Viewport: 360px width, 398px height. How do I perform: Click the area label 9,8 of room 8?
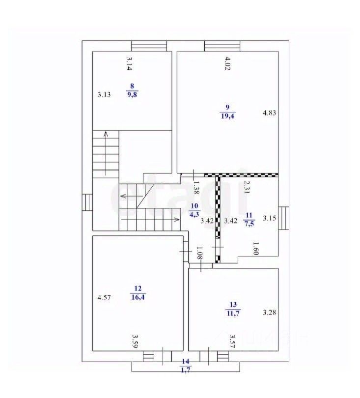pos(132,95)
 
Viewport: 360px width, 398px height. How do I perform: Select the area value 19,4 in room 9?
pos(228,116)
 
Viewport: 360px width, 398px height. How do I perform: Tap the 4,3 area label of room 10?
pos(194,215)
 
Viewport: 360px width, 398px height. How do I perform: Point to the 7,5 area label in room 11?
pos(249,224)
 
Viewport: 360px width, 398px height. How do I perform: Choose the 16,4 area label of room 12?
pos(138,297)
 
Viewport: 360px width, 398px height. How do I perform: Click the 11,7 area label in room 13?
pos(233,313)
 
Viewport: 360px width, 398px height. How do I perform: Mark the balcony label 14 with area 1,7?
pos(186,366)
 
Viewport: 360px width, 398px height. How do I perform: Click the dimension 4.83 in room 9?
pos(269,113)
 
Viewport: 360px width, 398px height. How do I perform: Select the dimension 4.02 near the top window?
pos(227,63)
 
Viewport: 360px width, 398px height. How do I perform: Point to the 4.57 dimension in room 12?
pos(104,297)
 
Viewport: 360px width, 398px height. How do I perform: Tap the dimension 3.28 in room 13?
pos(269,313)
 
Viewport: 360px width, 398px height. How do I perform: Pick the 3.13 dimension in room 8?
pos(104,95)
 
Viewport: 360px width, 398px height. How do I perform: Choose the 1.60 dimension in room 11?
pos(255,249)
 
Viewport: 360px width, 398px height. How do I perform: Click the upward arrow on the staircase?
pos(106,153)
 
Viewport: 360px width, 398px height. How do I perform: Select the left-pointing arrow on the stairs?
pos(132,196)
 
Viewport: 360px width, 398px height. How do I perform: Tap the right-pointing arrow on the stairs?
pos(150,220)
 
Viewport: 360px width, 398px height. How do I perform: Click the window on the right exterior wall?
pos(284,218)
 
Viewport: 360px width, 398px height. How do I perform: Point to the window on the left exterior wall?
pos(87,202)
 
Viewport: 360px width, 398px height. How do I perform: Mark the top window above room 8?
pos(149,46)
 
